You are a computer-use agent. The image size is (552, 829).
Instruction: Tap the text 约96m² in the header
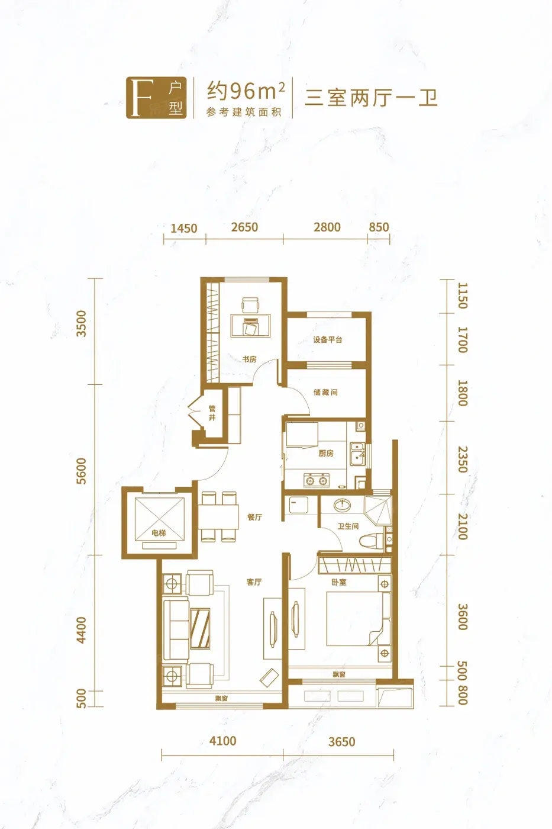[246, 91]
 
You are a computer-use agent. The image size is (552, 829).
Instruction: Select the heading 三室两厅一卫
[371, 98]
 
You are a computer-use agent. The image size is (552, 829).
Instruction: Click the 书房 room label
[250, 359]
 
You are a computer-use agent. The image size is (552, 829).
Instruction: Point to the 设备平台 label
[328, 339]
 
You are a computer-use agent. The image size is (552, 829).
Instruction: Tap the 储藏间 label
[326, 392]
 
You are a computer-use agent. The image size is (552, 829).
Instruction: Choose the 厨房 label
[326, 453]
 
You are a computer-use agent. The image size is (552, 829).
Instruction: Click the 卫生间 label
[348, 526]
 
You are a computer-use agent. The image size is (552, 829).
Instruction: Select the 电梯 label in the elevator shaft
[159, 532]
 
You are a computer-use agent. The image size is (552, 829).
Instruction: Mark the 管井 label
[212, 413]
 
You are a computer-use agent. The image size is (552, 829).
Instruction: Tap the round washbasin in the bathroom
[343, 505]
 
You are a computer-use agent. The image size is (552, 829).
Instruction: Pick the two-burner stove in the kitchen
[317, 480]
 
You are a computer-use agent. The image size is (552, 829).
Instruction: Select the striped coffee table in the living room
[201, 628]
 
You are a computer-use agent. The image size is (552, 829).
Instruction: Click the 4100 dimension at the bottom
[222, 741]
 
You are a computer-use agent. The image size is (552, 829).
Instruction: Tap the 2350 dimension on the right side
[463, 460]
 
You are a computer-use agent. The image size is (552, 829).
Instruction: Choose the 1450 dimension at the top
[184, 228]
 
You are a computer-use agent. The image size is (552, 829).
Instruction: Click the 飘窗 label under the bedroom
[338, 674]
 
